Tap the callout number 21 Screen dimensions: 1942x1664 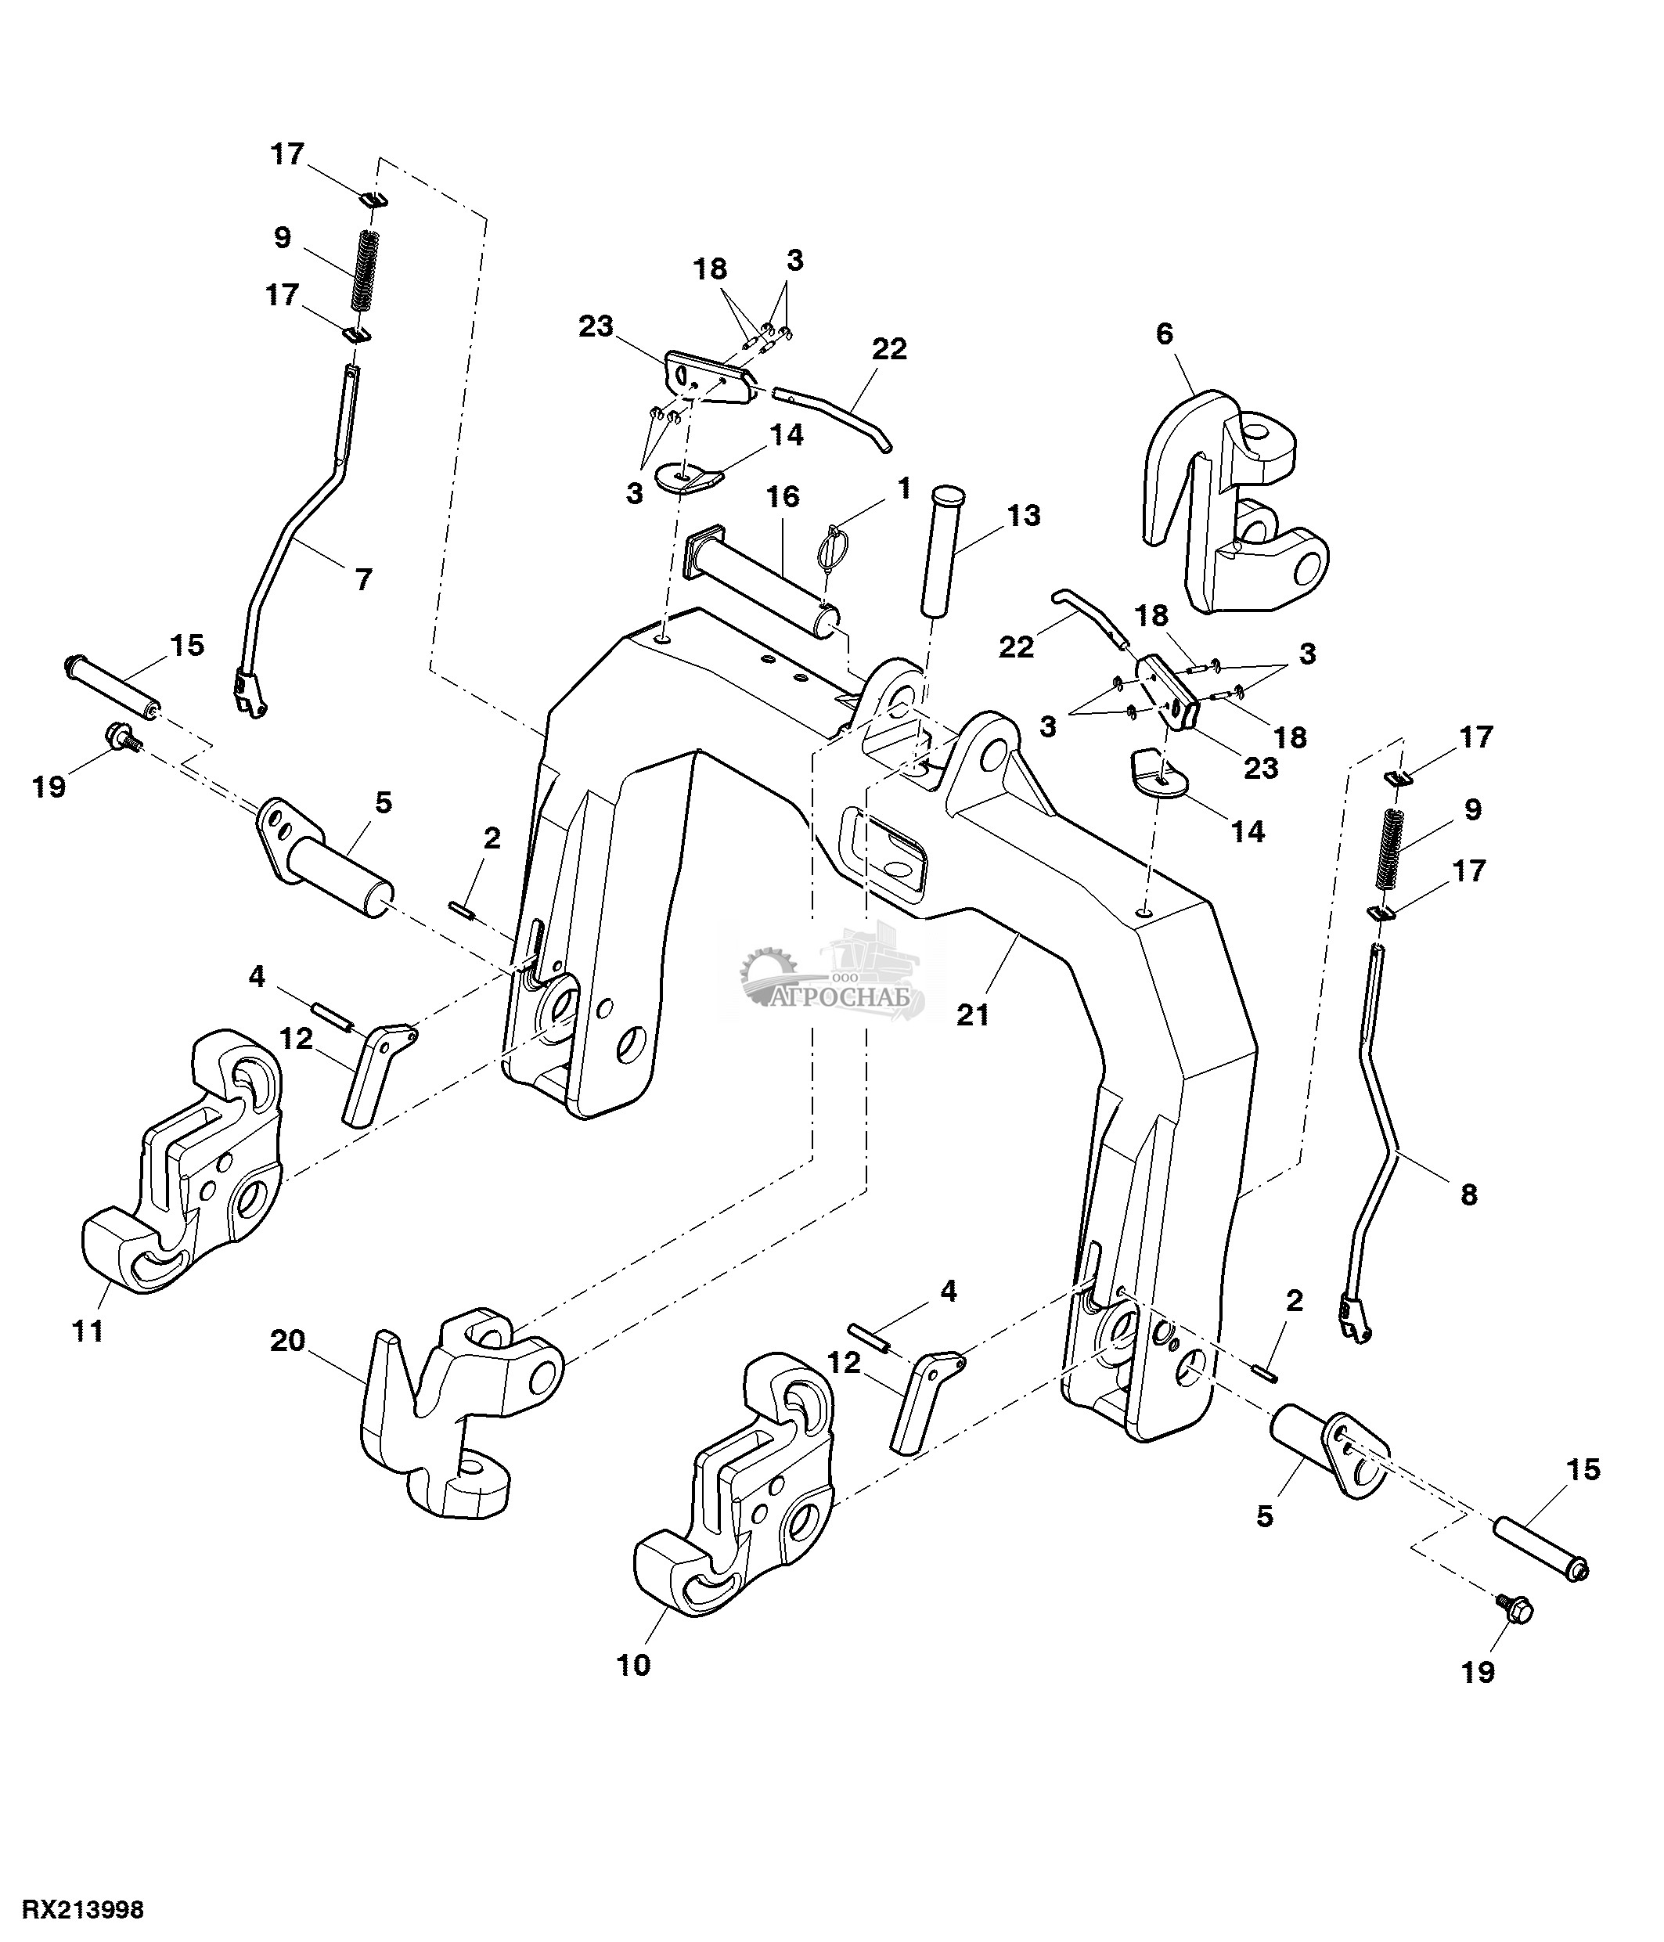(x=973, y=1014)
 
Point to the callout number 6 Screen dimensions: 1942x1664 (x=1165, y=333)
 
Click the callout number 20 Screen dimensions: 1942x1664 (x=288, y=1341)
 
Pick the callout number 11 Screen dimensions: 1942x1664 (x=89, y=1330)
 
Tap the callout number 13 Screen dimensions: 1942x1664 (x=1023, y=516)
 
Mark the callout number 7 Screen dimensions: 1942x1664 (x=363, y=579)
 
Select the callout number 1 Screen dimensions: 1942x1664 (x=903, y=488)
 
